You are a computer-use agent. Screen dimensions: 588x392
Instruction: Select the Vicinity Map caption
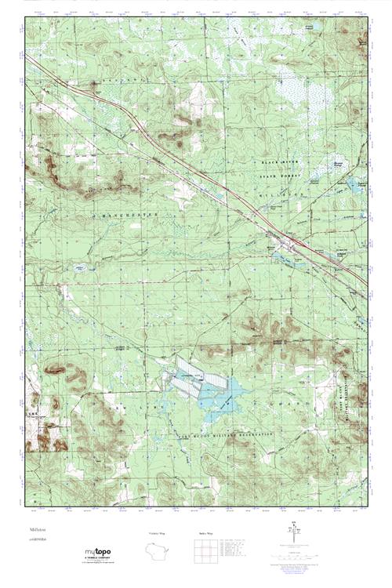[157, 533]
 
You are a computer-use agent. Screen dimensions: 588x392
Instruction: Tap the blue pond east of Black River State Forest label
[350, 186]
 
